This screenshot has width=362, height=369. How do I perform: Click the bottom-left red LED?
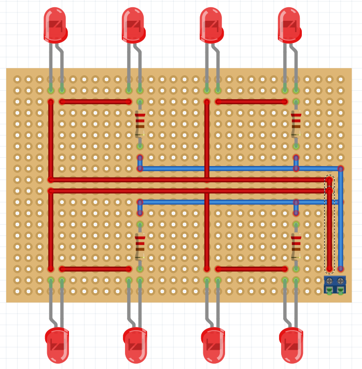(57, 345)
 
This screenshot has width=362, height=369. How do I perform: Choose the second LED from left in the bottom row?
(135, 345)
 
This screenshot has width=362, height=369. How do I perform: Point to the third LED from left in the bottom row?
(213, 345)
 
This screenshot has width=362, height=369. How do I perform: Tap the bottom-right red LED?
(291, 345)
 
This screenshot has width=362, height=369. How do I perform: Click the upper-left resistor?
(140, 124)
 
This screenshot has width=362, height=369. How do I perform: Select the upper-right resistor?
(296, 124)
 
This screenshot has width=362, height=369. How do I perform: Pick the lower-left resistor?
(140, 246)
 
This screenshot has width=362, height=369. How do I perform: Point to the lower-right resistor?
(296, 246)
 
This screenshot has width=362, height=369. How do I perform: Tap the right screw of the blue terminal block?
(341, 281)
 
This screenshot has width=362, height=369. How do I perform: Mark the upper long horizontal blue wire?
(239, 169)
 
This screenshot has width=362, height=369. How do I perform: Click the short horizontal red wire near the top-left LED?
(95, 102)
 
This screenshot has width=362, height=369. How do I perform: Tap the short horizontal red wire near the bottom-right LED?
(252, 269)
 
